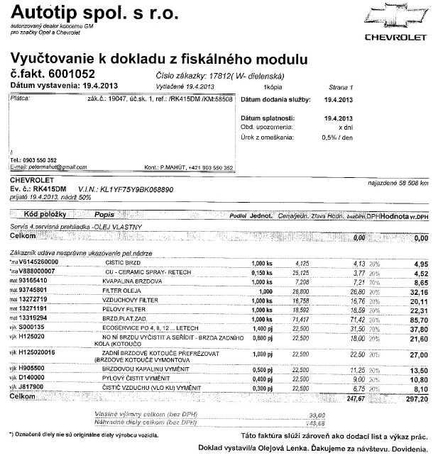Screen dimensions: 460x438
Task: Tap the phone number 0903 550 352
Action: [35, 160]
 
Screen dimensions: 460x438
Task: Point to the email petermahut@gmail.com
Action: [50, 167]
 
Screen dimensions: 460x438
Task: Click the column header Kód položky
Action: [45, 214]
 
